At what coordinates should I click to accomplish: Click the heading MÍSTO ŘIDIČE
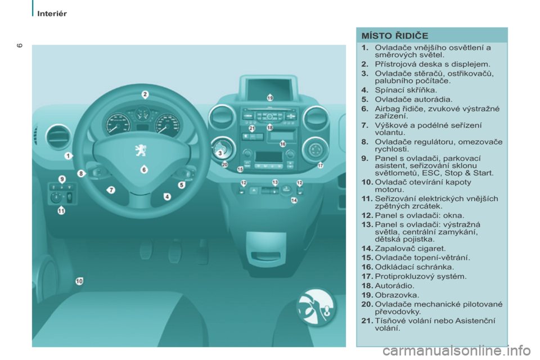point(395,36)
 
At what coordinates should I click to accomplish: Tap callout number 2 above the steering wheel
point(145,94)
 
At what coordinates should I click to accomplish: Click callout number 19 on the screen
point(270,98)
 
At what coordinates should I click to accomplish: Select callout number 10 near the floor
point(79,281)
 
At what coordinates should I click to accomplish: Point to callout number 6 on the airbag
point(144,169)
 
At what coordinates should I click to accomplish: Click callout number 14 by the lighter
point(294,200)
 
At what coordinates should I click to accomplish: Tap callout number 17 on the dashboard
point(321,165)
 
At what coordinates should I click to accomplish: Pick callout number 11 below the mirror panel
point(61,211)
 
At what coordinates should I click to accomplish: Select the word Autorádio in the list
point(393,285)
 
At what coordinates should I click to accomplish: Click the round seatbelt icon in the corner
point(316,307)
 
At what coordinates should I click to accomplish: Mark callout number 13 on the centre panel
point(275,182)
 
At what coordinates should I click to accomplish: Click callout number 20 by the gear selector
point(224,165)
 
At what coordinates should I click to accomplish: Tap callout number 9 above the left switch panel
point(62,178)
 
